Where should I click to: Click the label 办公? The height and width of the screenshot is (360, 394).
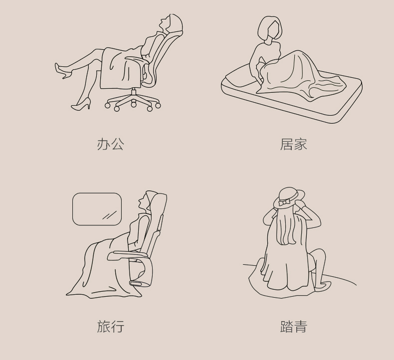click(111, 144)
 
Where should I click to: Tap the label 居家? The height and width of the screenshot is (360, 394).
click(293, 144)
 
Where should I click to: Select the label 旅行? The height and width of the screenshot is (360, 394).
click(111, 326)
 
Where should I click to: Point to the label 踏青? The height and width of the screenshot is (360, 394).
click(293, 326)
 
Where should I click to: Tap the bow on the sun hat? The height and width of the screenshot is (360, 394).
click(284, 202)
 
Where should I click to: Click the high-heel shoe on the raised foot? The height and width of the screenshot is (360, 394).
click(62, 71)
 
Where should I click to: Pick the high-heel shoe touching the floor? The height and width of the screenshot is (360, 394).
click(81, 104)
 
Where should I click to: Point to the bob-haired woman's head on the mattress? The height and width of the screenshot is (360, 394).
click(270, 28)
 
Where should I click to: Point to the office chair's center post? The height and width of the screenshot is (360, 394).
click(134, 94)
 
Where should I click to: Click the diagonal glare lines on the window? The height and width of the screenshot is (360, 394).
click(109, 215)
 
